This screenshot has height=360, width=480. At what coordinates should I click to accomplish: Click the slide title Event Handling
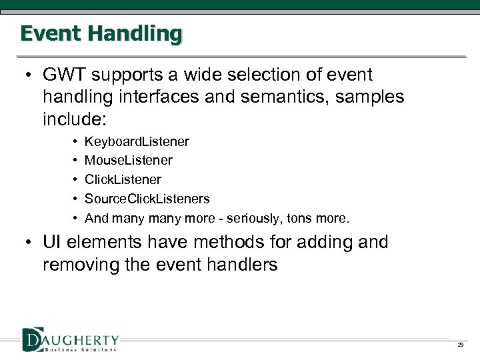(101, 33)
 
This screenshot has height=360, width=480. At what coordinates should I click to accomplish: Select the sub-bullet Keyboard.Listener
(137, 142)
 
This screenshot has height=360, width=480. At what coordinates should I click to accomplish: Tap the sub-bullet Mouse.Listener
(129, 161)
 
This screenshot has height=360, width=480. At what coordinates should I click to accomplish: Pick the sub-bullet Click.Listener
(123, 180)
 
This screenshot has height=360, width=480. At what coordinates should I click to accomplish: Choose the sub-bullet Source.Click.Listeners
(147, 199)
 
